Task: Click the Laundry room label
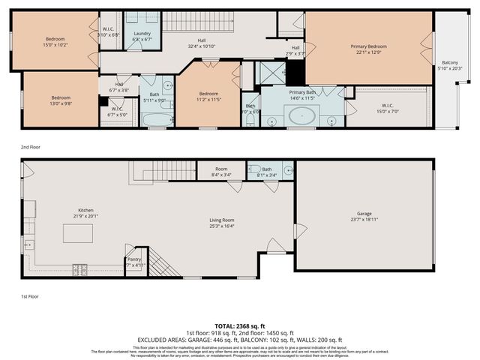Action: pos(142,34)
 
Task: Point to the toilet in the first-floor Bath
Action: pos(255,169)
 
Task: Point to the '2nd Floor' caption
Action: pos(30,146)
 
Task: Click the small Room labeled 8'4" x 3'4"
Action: pos(221,169)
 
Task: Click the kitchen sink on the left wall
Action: pos(28,244)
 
